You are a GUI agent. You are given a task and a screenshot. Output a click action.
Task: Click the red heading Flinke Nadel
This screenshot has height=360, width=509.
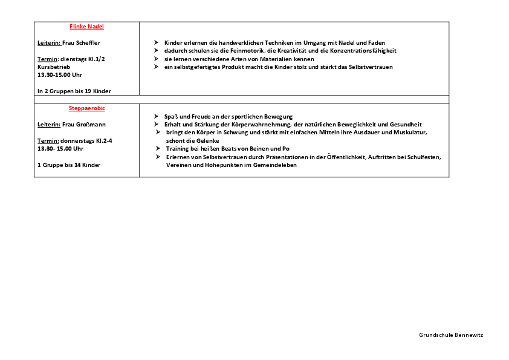(x=87, y=27)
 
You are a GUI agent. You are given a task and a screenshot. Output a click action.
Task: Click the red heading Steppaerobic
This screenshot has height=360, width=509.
(x=87, y=108)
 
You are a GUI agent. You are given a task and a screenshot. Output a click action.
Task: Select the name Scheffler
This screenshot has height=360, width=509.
(x=87, y=43)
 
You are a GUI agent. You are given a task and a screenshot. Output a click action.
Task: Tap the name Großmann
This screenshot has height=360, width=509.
(x=89, y=125)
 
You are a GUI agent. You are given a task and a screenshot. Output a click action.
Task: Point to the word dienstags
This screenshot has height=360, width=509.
(x=73, y=59)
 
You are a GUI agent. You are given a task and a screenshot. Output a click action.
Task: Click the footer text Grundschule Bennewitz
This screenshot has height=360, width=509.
(x=451, y=335)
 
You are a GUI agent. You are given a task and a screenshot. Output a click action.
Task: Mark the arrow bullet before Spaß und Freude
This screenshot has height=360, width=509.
(x=157, y=116)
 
